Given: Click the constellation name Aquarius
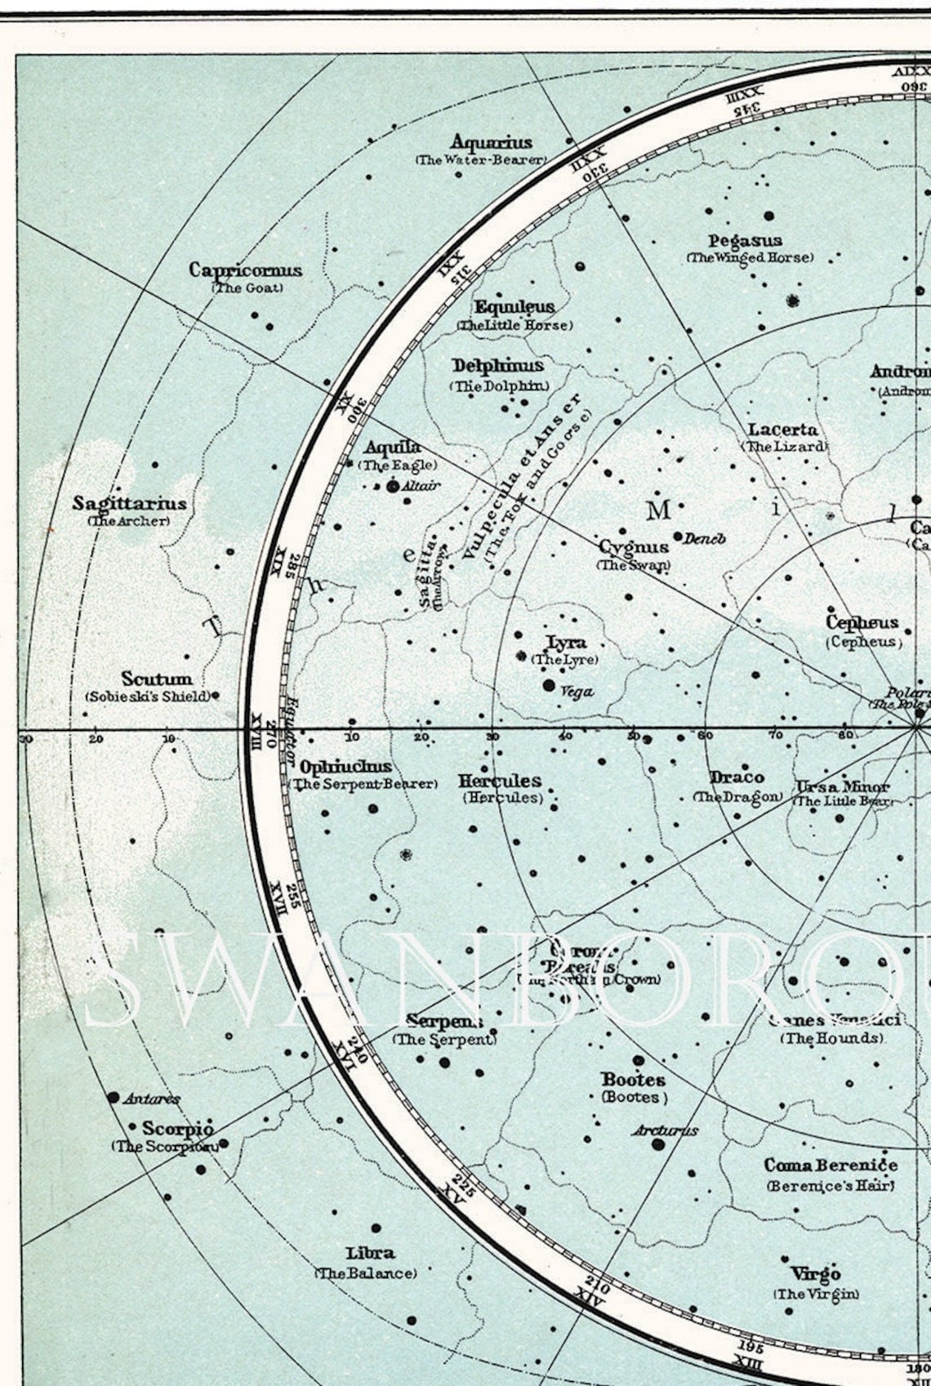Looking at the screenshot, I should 491,143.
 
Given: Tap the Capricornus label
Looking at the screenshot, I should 245,270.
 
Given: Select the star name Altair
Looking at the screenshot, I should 421,485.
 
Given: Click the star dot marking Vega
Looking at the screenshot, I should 549,685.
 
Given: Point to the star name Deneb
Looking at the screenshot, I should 704,539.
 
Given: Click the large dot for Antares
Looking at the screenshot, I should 114,1097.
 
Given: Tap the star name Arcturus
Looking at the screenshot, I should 665,1130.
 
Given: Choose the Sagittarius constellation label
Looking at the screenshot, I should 129,503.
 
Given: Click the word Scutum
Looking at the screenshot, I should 157,679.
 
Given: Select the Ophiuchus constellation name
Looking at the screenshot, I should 345,767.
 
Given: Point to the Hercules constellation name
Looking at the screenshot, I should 499,780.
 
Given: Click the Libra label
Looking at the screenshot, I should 370,1253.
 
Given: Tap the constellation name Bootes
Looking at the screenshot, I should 633,1080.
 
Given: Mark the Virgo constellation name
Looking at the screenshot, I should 815,1273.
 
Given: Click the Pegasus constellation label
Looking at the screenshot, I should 745,241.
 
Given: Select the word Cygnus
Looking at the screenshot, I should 634,546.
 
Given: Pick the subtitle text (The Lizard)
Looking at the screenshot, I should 784,447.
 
